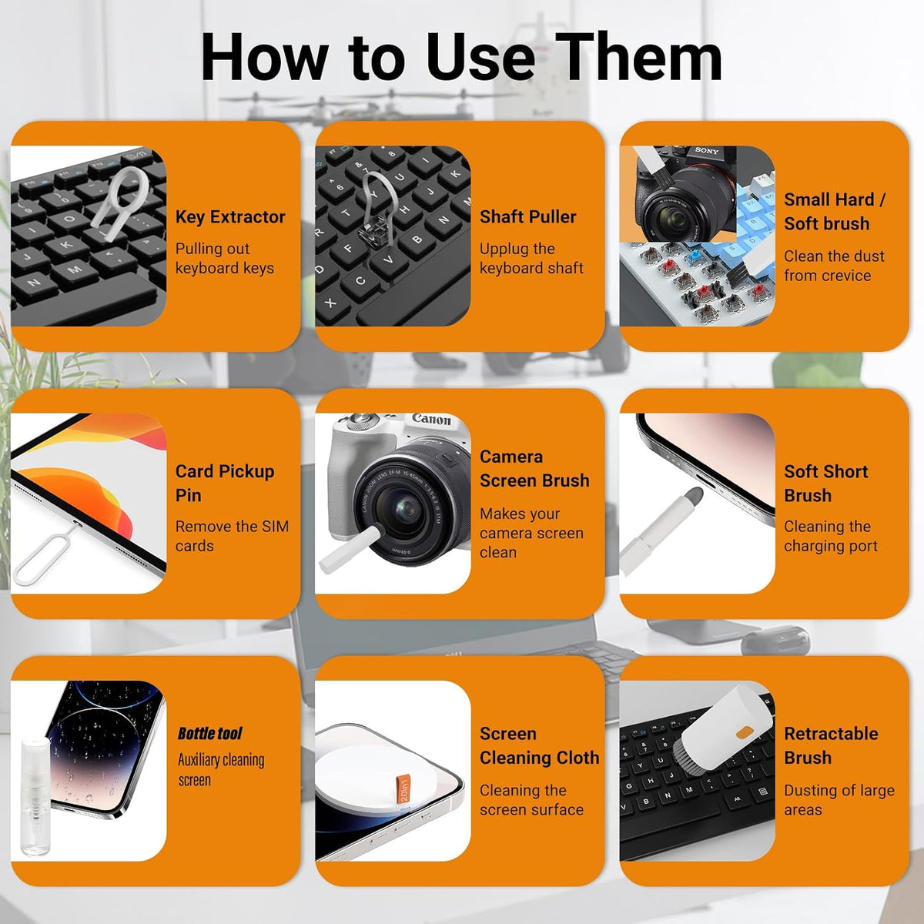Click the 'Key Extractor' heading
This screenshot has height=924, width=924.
pos(230,217)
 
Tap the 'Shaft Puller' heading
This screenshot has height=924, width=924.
pos(528,216)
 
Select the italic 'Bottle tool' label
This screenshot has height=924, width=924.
pos(209,734)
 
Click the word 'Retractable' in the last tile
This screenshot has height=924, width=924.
pos(831,734)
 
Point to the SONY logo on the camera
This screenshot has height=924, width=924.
pos(707,151)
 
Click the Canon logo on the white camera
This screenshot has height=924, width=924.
pos(431,419)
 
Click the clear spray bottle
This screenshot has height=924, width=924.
pos(35,796)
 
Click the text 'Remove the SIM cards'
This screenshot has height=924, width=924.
pos(232,536)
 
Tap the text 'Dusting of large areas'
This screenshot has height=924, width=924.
pos(839,800)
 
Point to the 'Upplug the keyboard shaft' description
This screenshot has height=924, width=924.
pos(531,259)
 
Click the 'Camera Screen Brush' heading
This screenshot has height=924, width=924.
pos(534,468)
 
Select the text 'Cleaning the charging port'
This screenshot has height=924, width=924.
pos(831,536)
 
